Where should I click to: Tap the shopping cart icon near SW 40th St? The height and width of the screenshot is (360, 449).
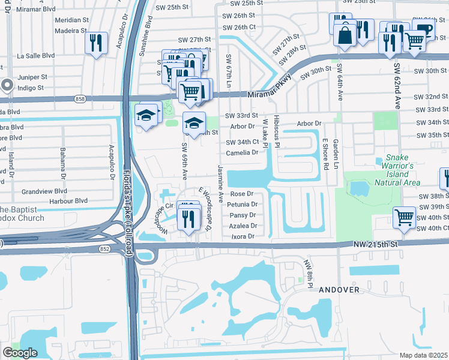click(404, 217)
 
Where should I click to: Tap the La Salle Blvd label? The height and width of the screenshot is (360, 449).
click(35, 56)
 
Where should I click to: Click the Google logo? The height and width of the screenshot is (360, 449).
click(20, 353)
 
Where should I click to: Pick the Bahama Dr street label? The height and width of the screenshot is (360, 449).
click(62, 161)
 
